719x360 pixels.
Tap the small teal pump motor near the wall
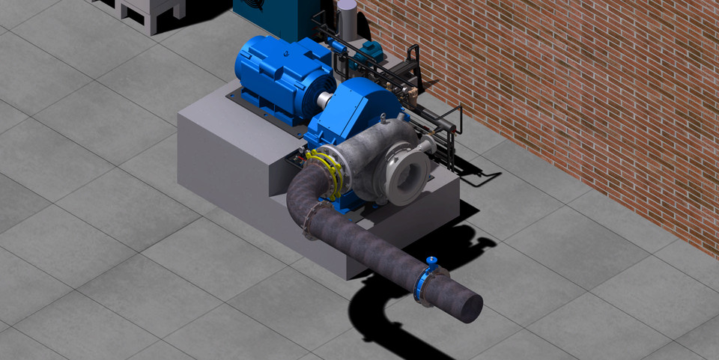[x=368, y=52]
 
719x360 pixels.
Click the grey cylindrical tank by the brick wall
[x=347, y=15]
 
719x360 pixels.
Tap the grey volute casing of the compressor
[x=374, y=161]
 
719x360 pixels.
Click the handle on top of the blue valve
[x=431, y=260]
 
